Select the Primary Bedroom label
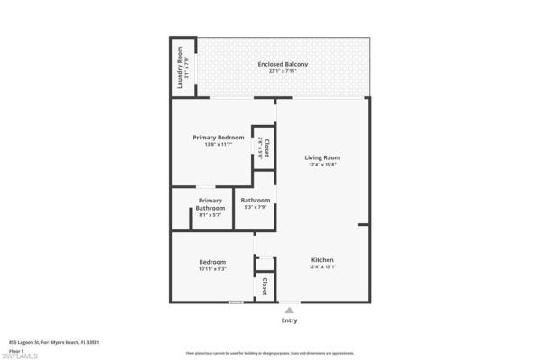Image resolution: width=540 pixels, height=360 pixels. [218, 137]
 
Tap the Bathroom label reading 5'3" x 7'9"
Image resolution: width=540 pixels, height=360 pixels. [256, 200]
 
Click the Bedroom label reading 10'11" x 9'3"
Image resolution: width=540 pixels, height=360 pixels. [212, 262]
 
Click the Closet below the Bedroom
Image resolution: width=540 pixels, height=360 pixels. [265, 286]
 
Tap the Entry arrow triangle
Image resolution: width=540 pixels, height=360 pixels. [289, 309]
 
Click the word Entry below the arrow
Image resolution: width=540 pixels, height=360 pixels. [289, 320]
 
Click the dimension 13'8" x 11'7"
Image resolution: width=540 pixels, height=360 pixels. [218, 144]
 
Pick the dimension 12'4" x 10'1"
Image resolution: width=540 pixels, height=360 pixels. [322, 265]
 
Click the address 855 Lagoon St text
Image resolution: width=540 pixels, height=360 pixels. [40, 342]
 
